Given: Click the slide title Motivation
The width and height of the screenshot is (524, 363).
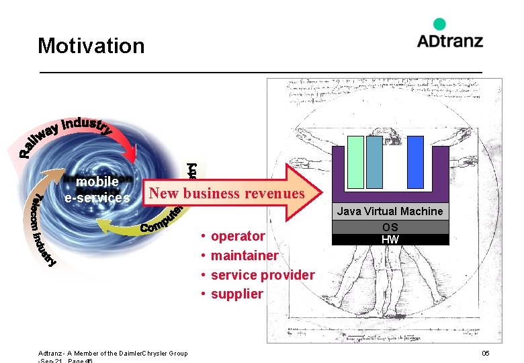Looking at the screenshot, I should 91,46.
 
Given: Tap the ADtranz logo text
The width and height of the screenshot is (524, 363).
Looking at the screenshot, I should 449,40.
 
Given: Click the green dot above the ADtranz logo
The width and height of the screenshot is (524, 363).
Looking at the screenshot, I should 439,24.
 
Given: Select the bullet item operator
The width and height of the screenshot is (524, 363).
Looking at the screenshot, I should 238,236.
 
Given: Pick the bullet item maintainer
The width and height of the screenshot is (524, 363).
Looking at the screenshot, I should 244,255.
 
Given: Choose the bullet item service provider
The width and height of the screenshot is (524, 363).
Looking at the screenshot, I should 262,275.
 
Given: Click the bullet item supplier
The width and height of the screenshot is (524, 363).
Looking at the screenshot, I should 236,294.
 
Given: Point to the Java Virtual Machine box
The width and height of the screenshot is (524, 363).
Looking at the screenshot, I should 390,211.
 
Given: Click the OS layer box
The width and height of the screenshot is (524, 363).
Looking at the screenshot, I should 390,227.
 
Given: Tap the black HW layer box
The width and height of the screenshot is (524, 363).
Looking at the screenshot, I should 390,239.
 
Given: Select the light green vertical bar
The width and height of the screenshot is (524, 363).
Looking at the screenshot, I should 355,162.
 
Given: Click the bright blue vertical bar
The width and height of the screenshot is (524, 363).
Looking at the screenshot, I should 415,162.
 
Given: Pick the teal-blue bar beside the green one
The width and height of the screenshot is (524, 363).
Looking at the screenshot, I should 374,162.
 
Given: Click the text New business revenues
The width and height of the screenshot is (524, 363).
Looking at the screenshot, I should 226,194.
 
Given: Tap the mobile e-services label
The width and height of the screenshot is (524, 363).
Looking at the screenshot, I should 97,190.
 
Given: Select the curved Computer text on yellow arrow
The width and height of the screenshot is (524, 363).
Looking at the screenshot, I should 161,222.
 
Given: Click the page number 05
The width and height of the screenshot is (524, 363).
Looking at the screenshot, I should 485,354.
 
